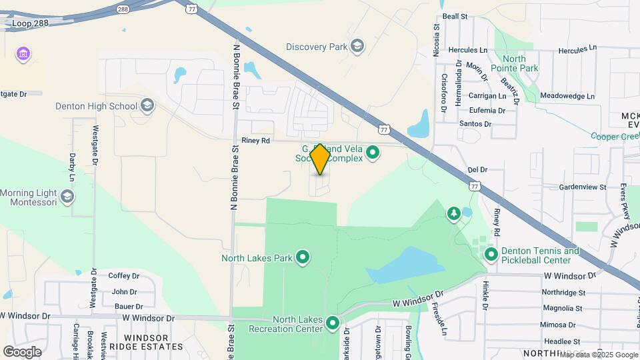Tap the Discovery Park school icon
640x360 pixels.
click(x=357, y=46)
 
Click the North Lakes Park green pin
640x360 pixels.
click(x=303, y=257)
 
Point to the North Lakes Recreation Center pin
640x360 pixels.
click(x=333, y=325)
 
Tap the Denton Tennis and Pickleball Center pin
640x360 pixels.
click(x=491, y=254)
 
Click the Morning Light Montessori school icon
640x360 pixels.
click(x=67, y=196)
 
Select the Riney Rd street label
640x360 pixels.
click(x=256, y=141)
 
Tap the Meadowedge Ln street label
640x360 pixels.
click(x=567, y=96)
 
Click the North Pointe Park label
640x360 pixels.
click(x=514, y=63)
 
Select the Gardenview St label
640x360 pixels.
click(x=582, y=187)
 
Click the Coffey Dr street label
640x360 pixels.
click(x=124, y=275)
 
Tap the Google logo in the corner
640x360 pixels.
click(x=23, y=351)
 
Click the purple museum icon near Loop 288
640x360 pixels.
click(x=23, y=54)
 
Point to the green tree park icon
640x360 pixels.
click(x=453, y=213)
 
